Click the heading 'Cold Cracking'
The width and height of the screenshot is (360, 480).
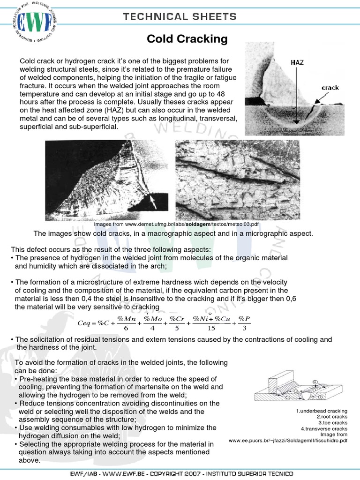(x=187, y=39)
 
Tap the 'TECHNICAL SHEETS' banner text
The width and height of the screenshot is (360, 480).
(x=180, y=17)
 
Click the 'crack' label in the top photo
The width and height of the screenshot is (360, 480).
(x=330, y=88)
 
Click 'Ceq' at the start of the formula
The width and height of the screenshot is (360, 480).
(x=85, y=324)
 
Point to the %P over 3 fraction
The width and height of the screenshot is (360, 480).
(x=244, y=323)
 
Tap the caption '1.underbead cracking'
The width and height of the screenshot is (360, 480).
(x=322, y=411)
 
